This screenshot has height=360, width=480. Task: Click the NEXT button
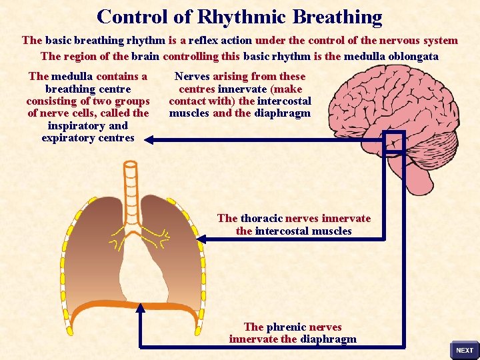click(464, 350)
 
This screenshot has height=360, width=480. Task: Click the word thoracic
click(261, 218)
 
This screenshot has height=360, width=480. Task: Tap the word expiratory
click(69, 138)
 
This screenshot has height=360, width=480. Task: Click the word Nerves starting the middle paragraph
click(192, 76)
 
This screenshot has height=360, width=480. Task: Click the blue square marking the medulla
click(394, 141)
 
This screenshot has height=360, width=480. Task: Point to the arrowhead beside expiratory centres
click(149, 140)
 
